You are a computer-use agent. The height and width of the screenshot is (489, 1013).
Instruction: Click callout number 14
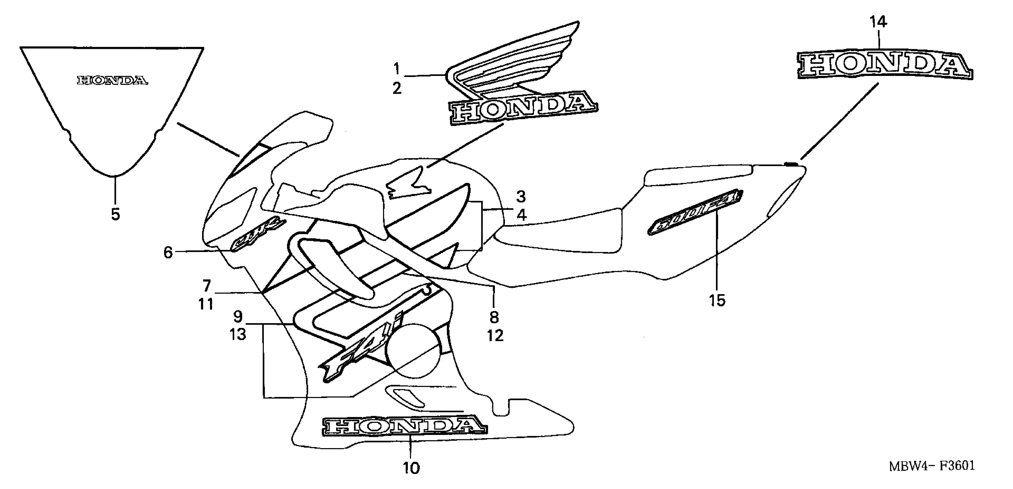pyautogui.click(x=878, y=22)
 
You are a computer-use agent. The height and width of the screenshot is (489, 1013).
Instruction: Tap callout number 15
pyautogui.click(x=717, y=301)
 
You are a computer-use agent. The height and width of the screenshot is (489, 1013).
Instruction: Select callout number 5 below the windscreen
pyautogui.click(x=115, y=215)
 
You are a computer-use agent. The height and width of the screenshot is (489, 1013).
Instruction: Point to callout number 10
pyautogui.click(x=411, y=468)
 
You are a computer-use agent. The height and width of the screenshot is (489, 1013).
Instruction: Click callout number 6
pyautogui.click(x=168, y=252)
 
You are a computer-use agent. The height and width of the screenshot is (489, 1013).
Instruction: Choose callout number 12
pyautogui.click(x=495, y=336)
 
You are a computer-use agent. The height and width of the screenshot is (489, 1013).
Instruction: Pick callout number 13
pyautogui.click(x=238, y=335)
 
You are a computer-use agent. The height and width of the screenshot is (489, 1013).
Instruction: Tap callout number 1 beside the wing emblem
pyautogui.click(x=396, y=69)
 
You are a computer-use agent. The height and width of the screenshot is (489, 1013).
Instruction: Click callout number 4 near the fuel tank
pyautogui.click(x=521, y=215)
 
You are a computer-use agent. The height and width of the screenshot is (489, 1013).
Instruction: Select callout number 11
pyautogui.click(x=206, y=304)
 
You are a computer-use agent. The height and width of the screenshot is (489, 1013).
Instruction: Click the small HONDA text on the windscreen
pyautogui.click(x=112, y=81)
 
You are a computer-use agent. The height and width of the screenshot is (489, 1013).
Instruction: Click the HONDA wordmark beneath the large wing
pyautogui.click(x=523, y=110)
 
